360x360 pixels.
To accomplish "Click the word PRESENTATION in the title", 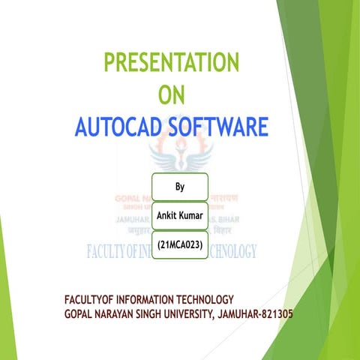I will [171, 62].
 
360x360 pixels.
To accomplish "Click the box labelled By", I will [180, 186].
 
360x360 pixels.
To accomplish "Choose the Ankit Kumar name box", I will [180, 215].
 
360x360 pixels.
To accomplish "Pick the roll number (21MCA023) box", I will [180, 244].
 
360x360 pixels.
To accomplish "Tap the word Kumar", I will [193, 215].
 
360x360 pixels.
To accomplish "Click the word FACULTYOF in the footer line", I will [95, 300].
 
